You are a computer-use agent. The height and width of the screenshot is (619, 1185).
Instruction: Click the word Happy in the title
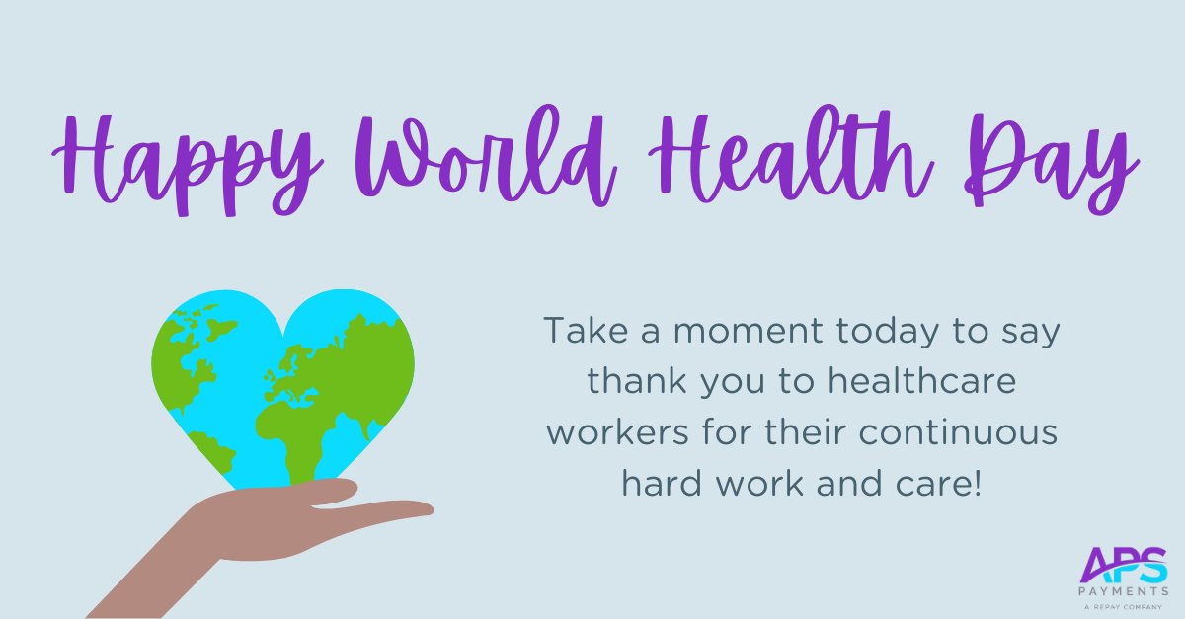coord(188,157)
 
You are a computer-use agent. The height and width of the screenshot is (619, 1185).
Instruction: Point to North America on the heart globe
coord(188,341)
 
